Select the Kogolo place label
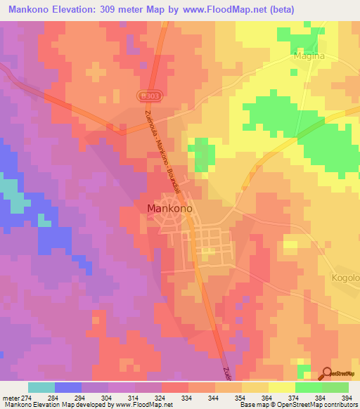click(345, 278)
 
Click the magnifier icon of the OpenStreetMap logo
click(327, 372)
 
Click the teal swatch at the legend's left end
click(41, 387)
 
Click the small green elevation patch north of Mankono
click(202, 154)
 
